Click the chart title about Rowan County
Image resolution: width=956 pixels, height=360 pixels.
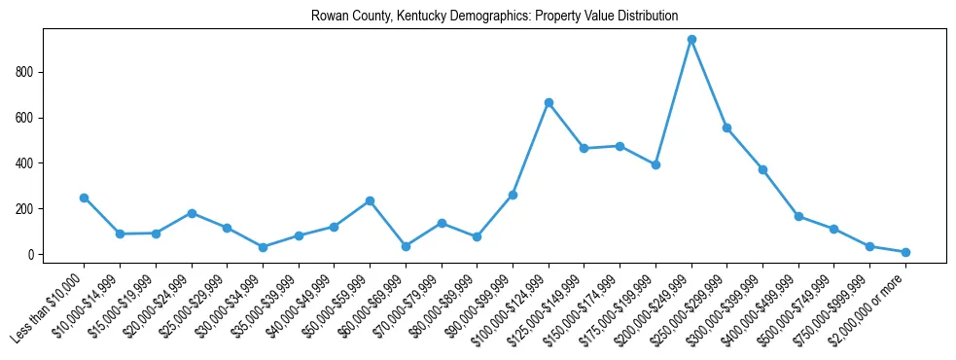494,17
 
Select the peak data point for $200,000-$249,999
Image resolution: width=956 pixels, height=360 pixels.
691,40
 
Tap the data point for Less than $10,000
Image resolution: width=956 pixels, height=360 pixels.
84,198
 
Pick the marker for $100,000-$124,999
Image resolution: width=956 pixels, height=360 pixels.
549,102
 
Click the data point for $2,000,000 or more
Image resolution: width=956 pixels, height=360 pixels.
905,252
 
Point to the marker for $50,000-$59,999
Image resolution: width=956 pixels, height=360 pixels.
370,200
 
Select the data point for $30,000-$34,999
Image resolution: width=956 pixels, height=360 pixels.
263,247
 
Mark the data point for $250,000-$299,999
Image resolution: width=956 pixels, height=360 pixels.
726,127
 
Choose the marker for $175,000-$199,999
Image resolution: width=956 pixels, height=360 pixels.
655,164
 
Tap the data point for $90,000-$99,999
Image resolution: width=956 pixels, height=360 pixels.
513,195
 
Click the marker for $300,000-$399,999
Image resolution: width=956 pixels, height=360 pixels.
762,169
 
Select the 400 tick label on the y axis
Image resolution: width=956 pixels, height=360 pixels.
26,163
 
